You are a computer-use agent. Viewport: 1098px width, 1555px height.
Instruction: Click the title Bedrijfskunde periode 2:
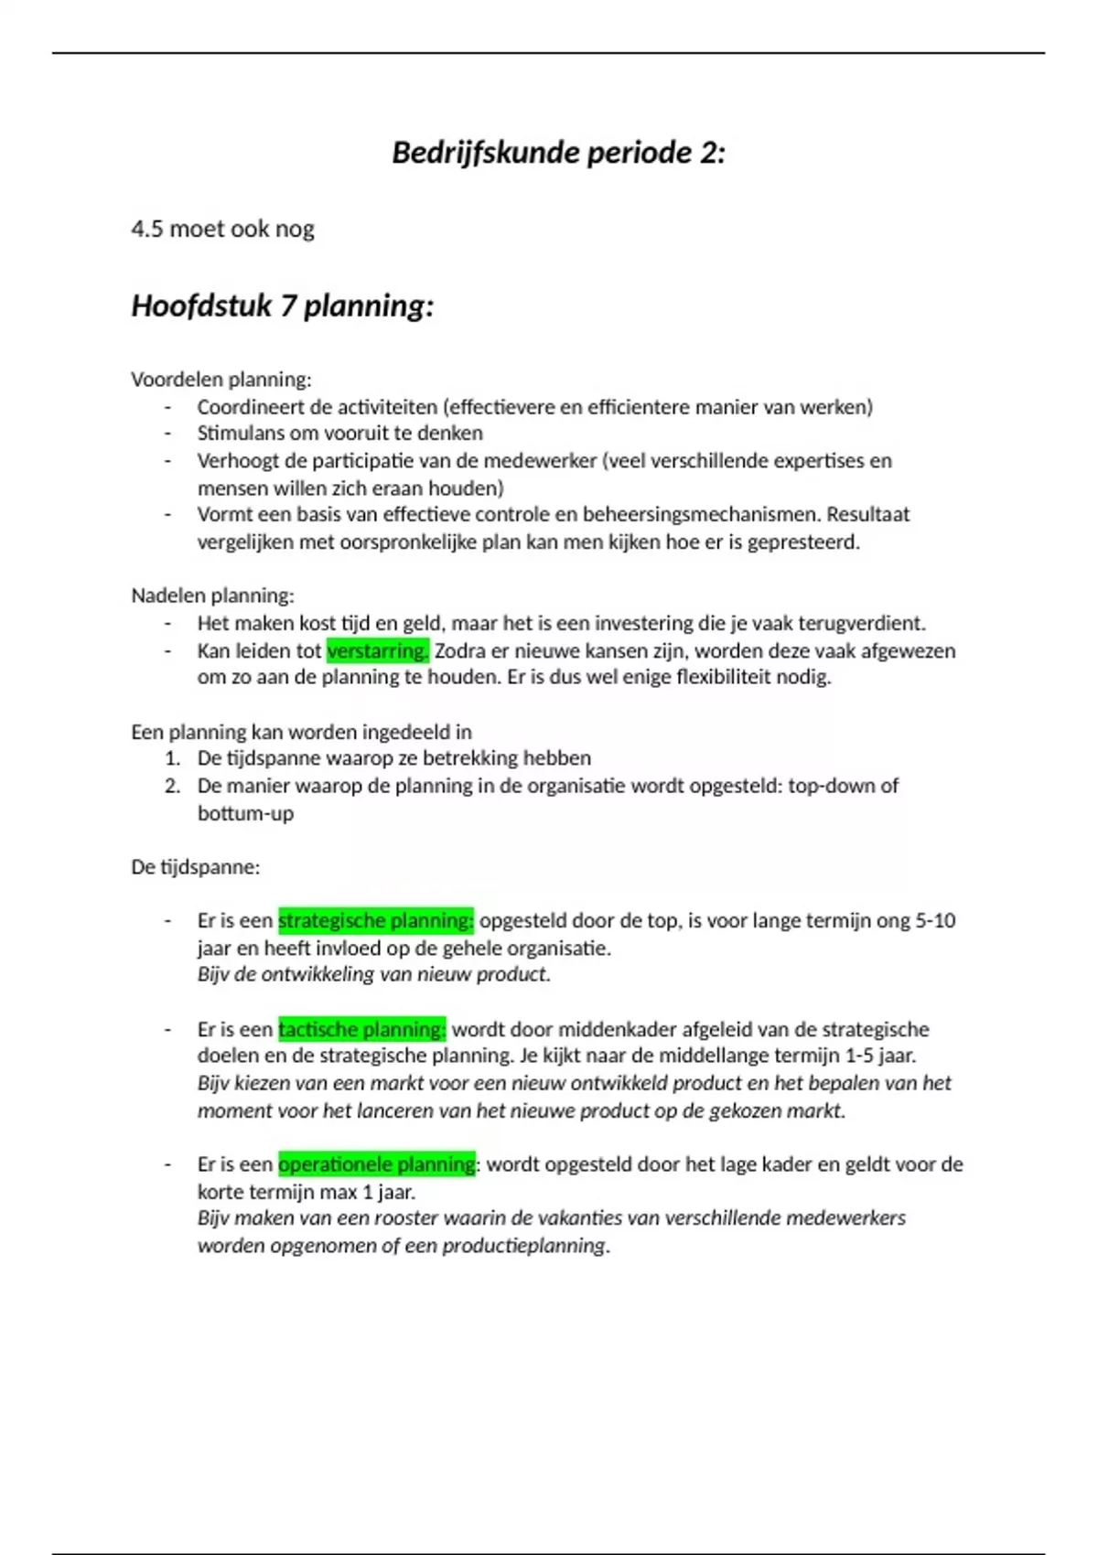click(x=558, y=152)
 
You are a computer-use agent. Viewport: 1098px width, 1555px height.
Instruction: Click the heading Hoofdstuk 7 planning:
click(x=282, y=306)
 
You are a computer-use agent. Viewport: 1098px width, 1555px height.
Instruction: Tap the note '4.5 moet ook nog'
click(x=222, y=229)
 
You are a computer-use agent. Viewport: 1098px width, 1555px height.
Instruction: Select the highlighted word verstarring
click(x=377, y=651)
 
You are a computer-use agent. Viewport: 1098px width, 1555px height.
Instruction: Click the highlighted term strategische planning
click(x=375, y=920)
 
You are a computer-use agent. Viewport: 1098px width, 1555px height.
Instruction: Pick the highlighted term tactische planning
click(x=361, y=1029)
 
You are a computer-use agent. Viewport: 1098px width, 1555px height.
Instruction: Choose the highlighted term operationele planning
click(x=376, y=1164)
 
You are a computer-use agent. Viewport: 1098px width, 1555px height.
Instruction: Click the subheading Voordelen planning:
click(x=221, y=380)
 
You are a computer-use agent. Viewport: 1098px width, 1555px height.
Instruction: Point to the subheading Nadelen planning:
click(x=212, y=596)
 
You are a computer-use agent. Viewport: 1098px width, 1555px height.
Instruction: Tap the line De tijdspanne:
click(x=195, y=867)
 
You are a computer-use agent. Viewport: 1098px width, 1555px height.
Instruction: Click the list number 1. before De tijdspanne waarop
click(x=172, y=758)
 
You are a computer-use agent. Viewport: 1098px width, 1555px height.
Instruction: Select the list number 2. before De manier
click(x=172, y=786)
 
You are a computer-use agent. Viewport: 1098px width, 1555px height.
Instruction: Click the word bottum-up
click(x=245, y=813)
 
